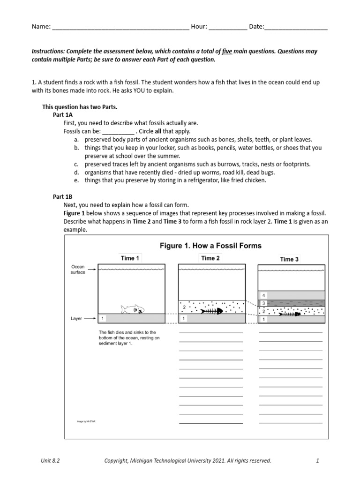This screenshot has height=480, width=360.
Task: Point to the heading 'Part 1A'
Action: click(63, 115)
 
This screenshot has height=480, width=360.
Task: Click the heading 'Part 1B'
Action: click(63, 197)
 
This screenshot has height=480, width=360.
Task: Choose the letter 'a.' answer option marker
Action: click(76, 140)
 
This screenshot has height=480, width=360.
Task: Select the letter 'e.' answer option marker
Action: click(76, 180)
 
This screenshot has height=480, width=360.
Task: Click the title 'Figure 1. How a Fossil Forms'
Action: click(211, 246)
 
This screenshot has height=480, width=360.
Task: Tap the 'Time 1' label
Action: click(130, 258)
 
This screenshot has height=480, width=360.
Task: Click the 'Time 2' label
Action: click(210, 258)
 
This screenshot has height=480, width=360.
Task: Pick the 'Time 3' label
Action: click(290, 259)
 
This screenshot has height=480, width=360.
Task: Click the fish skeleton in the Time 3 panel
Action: click(291, 314)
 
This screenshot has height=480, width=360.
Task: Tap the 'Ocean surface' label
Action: click(78, 270)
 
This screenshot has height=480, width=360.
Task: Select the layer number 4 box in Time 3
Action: click(263, 295)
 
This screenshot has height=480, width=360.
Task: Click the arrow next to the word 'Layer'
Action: click(90, 319)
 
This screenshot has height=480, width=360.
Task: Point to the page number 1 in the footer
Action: click(317, 461)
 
